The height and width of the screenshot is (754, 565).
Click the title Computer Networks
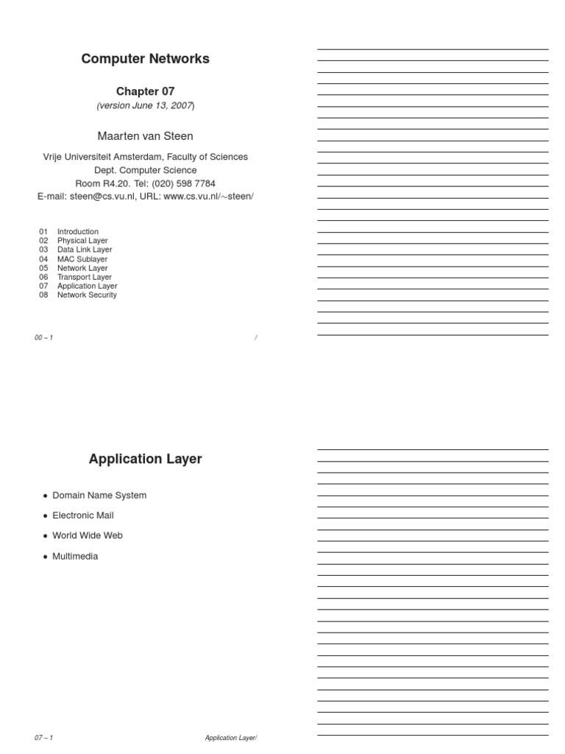pos(145,59)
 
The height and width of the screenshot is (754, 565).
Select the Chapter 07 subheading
pos(145,91)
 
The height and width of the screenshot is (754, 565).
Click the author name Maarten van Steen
pos(145,136)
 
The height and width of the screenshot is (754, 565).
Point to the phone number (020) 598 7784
pos(183,183)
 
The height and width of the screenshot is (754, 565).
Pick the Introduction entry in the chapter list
pos(77,232)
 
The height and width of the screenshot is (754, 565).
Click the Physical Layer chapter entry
pos(82,241)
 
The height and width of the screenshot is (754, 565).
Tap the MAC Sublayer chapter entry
pos(82,259)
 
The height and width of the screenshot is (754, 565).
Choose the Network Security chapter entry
pos(87,295)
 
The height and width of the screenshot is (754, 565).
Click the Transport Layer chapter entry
pos(85,278)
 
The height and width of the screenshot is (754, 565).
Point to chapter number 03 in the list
pos(43,250)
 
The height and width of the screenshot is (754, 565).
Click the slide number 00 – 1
pos(43,337)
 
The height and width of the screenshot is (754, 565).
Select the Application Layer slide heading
pos(145,459)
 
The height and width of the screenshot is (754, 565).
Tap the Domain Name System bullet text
pos(99,496)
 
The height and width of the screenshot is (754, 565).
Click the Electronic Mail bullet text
pos(83,515)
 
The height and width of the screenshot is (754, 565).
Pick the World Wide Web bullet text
pos(88,535)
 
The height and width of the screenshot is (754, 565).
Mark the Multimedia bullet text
pos(75,557)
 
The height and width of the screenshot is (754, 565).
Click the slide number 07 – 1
pos(43,738)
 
